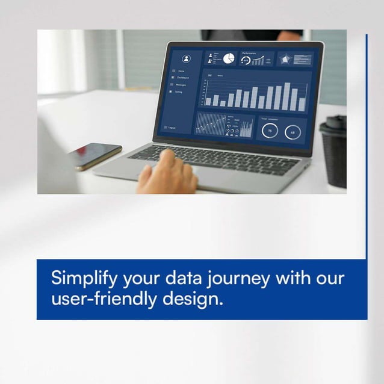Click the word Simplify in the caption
pos(84,279)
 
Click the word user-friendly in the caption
pos(104,299)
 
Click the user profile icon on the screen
pos(186,59)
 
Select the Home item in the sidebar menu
pos(181,71)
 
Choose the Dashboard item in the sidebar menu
pos(182,78)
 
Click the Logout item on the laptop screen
pos(172,127)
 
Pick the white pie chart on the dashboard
pos(229,58)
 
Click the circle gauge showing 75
pos(270,131)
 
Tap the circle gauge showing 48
pos(293,132)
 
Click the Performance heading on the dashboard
pos(249,53)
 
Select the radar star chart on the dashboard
pos(285,59)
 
